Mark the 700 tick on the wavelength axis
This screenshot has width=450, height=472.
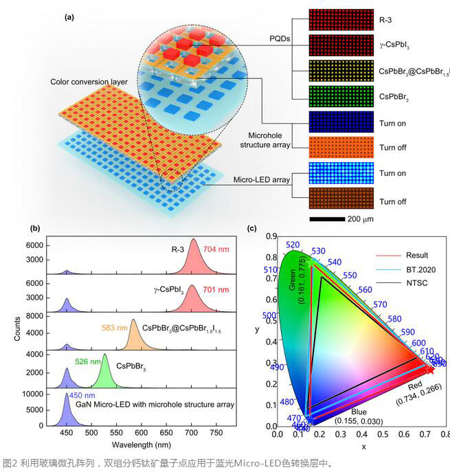point(191,434)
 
